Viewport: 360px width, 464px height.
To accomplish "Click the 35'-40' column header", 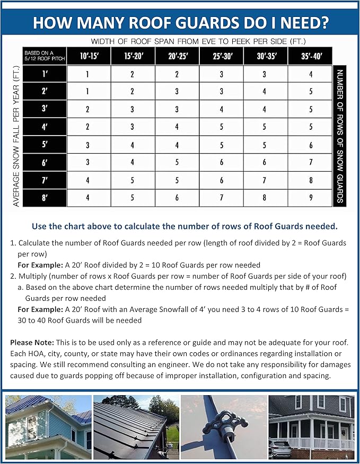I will [311, 55].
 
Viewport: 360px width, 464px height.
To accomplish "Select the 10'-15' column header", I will [88, 55].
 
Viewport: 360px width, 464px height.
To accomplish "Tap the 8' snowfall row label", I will [45, 198].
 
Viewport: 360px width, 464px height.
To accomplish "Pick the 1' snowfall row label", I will [45, 74].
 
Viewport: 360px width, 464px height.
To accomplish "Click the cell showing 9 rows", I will [311, 198].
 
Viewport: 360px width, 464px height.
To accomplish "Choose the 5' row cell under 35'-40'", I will [311, 145].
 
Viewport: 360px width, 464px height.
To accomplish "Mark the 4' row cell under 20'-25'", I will [177, 127].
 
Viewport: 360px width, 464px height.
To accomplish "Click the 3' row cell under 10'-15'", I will [88, 110].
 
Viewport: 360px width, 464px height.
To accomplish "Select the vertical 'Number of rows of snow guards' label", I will [340, 136].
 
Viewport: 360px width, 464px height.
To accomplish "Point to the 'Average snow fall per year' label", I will [16, 135].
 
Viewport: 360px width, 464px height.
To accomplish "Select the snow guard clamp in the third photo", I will [225, 424].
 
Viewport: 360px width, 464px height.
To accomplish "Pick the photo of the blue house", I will [48, 427].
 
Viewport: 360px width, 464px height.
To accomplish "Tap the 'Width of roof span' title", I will [198, 41].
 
